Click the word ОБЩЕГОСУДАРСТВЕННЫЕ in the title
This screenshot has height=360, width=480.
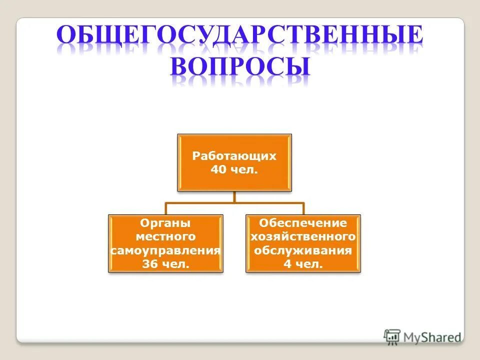[239, 37]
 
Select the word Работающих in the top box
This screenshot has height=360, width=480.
[234, 156]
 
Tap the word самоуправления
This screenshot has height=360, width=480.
[165, 250]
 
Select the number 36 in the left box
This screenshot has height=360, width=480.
[151, 264]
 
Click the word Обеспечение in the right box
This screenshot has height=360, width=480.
[302, 223]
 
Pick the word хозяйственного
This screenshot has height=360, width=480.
[302, 236]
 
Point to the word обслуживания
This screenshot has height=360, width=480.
[302, 250]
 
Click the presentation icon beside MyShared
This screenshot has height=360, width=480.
[392, 336]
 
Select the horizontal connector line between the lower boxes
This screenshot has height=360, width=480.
[234, 203]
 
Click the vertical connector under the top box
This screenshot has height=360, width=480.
[234, 197]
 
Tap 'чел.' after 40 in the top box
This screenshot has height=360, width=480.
[244, 170]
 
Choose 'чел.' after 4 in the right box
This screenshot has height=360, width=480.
[309, 264]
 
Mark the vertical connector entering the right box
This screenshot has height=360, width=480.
[303, 209]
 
